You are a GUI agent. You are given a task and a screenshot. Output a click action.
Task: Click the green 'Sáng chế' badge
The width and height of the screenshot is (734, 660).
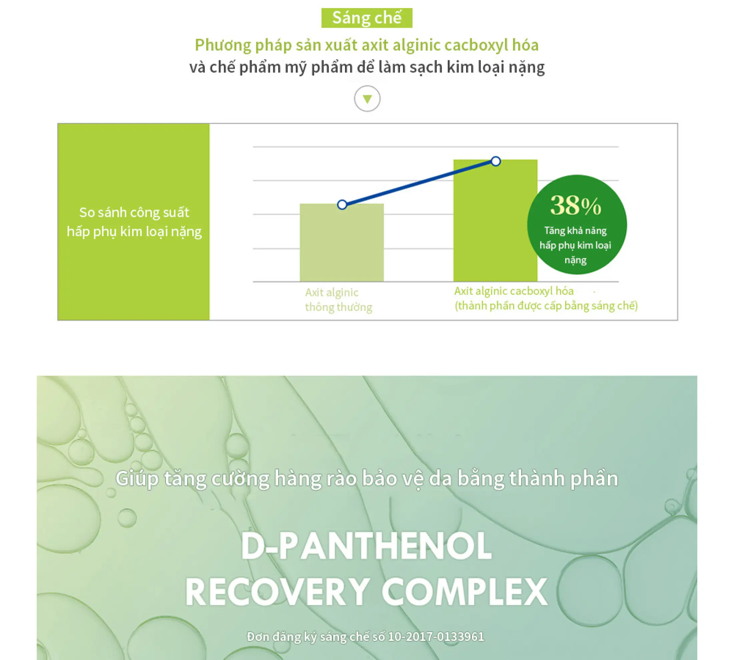pyautogui.click(x=367, y=18)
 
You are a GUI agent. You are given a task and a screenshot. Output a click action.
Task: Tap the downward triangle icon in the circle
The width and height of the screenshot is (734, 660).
pyautogui.click(x=367, y=99)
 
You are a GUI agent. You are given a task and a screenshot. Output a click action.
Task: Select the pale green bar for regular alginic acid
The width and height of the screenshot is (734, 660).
pyautogui.click(x=342, y=242)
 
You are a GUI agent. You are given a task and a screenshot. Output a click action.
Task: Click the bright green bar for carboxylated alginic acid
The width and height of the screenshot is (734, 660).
pyautogui.click(x=495, y=220)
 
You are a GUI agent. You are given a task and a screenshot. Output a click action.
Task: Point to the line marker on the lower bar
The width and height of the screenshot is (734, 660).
pyautogui.click(x=342, y=205)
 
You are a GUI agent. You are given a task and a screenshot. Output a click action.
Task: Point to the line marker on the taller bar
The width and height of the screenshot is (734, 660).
pyautogui.click(x=496, y=161)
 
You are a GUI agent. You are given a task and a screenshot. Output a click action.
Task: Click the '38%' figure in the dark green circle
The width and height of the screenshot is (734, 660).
pyautogui.click(x=576, y=205)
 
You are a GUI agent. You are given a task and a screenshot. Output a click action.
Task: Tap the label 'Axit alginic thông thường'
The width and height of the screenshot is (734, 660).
pyautogui.click(x=339, y=300)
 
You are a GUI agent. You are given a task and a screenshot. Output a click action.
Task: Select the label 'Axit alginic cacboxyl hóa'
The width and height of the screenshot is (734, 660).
pyautogui.click(x=514, y=291)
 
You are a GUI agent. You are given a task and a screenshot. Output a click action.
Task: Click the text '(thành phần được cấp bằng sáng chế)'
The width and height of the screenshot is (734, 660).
pyautogui.click(x=546, y=306)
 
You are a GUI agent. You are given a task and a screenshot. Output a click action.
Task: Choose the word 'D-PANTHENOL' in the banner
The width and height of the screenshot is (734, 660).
pyautogui.click(x=366, y=546)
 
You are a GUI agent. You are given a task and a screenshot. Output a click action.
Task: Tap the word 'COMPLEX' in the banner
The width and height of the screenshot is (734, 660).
pyautogui.click(x=464, y=592)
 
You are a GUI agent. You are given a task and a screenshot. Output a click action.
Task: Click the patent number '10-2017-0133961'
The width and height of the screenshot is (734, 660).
pyautogui.click(x=436, y=636)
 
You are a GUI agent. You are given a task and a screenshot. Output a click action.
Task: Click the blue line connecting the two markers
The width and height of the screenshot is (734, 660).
pyautogui.click(x=419, y=183)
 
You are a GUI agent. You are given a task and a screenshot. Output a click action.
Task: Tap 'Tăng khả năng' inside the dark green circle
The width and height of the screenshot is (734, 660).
pyautogui.click(x=576, y=231)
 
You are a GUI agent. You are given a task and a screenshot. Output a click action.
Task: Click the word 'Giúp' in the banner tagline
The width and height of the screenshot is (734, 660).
pyautogui.click(x=137, y=479)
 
